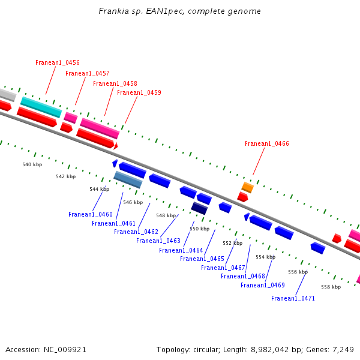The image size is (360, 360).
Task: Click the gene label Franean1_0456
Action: pyautogui.click(x=58, y=62)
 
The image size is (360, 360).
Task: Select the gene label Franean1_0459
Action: pyautogui.click(x=139, y=92)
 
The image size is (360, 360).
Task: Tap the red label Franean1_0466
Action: pyautogui.click(x=267, y=144)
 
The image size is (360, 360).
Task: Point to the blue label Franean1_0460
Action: pyautogui.click(x=91, y=214)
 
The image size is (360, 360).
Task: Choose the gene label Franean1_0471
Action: pyautogui.click(x=293, y=298)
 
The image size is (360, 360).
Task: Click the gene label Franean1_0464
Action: pyautogui.click(x=181, y=250)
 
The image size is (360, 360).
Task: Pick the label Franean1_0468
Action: pyautogui.click(x=243, y=276)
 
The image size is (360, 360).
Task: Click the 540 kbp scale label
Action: pyautogui.click(x=32, y=164)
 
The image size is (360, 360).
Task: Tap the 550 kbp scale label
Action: pyautogui.click(x=200, y=229)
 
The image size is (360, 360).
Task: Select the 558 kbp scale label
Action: pyautogui.click(x=331, y=287)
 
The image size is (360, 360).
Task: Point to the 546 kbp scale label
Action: pyautogui.click(x=133, y=202)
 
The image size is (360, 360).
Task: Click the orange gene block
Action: pyautogui.click(x=248, y=187)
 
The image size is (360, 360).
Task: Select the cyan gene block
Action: pyautogui.click(x=41, y=107)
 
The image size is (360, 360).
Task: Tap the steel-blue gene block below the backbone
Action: pyautogui.click(x=128, y=179)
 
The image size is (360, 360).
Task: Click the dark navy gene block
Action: pyautogui.click(x=199, y=208)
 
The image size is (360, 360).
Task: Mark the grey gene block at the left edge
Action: pyautogui.click(x=6, y=94)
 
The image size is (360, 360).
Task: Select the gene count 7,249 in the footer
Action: pyautogui.click(x=342, y=349)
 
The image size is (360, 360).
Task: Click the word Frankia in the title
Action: pyautogui.click(x=114, y=11)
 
